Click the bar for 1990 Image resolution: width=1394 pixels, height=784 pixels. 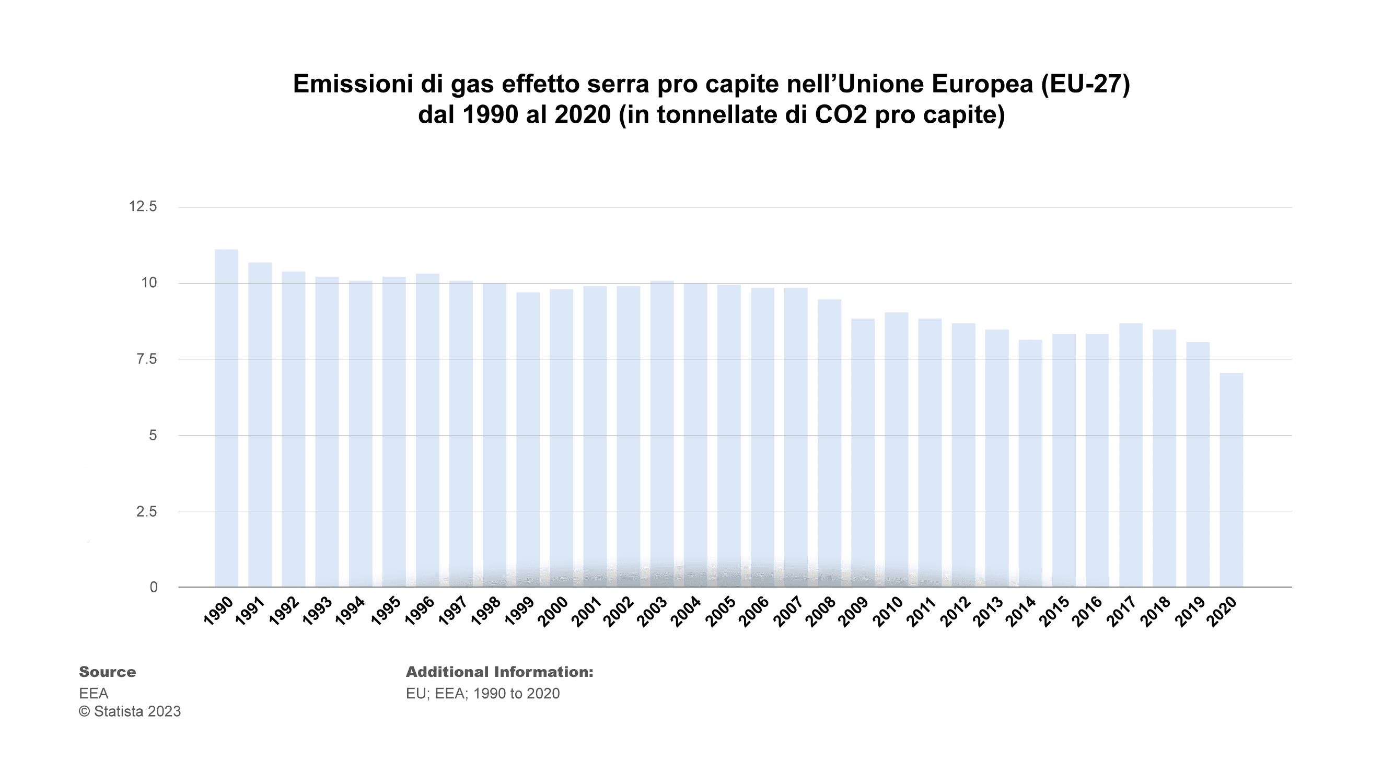pos(226,418)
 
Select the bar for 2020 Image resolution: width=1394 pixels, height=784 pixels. pos(1231,479)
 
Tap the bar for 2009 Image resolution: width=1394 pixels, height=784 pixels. pos(863,452)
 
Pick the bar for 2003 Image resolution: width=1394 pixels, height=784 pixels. pos(662,434)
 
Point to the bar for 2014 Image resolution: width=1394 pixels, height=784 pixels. pos(1030,463)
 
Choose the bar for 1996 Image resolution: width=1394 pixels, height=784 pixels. pos(427,430)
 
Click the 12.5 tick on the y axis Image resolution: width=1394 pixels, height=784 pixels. pos(143,207)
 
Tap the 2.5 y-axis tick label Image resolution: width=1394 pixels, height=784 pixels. pos(146,511)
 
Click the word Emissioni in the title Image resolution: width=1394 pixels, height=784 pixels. pos(352,85)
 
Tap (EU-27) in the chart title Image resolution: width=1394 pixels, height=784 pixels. pos(1086,85)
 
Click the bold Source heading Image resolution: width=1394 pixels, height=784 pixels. pos(107,672)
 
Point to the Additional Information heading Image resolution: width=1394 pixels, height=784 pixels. pos(499,672)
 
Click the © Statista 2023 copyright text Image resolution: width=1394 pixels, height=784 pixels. pos(130,711)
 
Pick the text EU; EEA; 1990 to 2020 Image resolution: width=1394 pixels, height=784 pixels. pos(483,694)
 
